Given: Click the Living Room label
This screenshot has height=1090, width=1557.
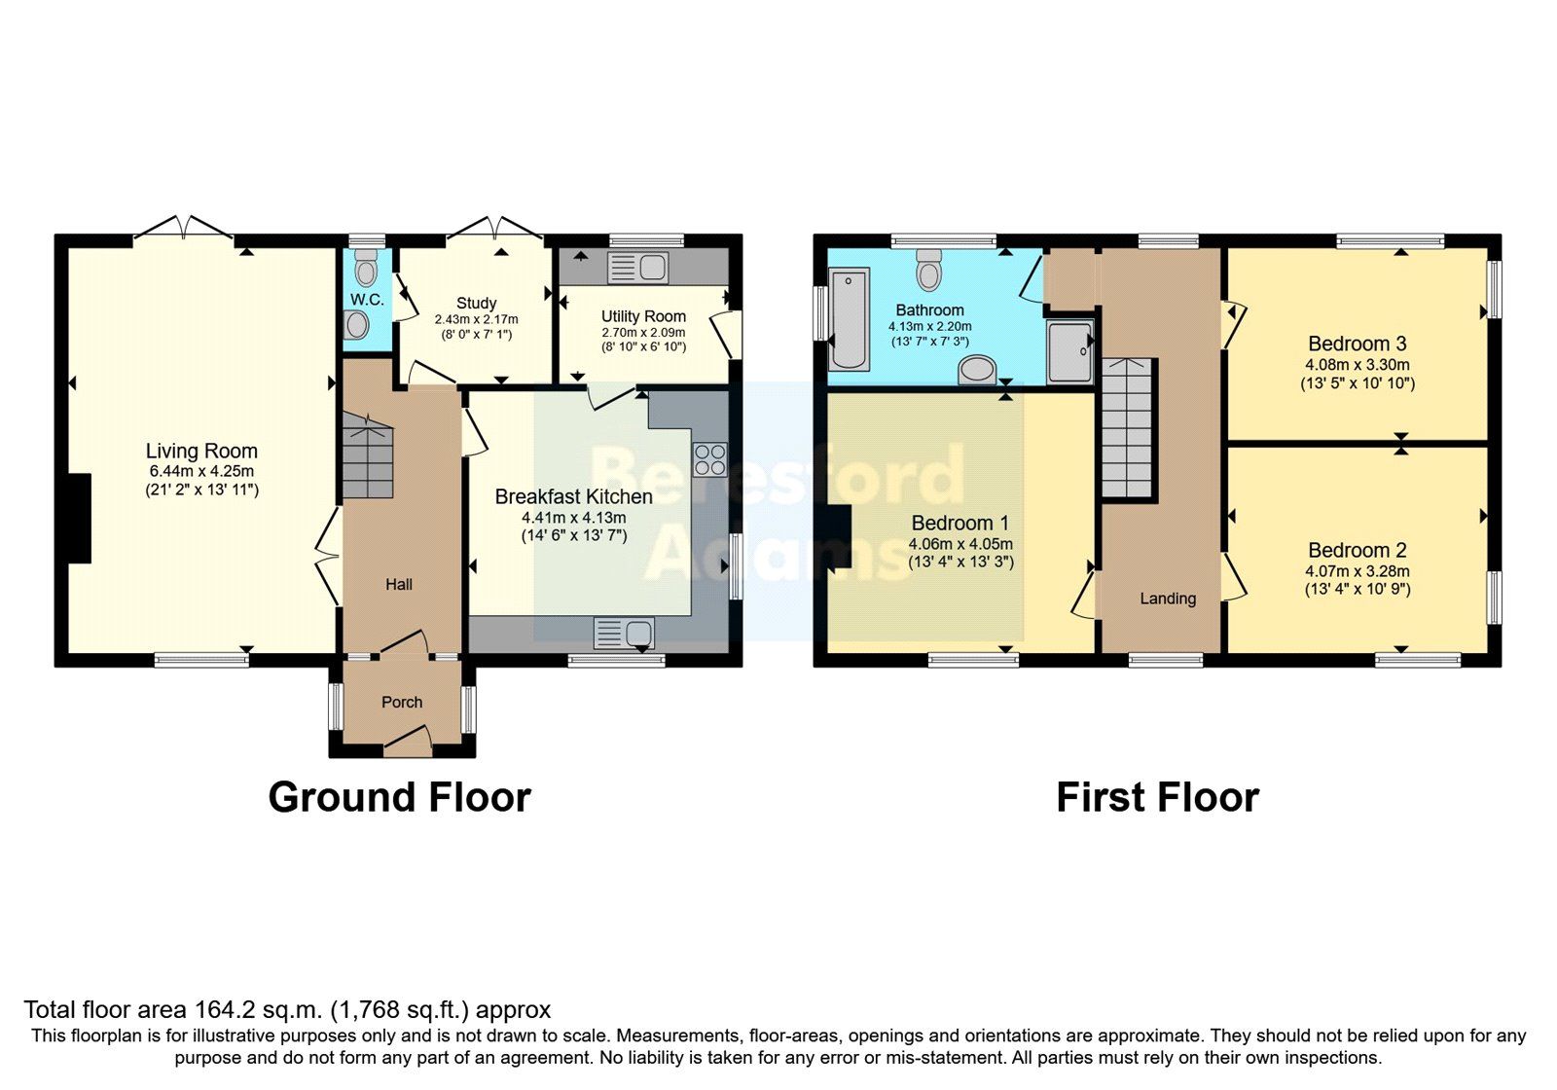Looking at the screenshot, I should pyautogui.click(x=201, y=451).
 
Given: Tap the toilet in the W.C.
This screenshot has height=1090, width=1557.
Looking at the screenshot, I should pyautogui.click(x=366, y=267).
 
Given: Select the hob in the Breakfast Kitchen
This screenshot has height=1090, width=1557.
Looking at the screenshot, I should pyautogui.click(x=709, y=459).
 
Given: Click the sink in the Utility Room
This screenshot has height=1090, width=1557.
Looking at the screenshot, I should pyautogui.click(x=636, y=267).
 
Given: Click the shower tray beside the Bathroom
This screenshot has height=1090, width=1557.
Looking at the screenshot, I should pyautogui.click(x=1070, y=350).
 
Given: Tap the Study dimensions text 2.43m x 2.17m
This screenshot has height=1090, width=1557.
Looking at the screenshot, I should pyautogui.click(x=476, y=319).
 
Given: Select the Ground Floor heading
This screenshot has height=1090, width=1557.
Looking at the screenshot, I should pyautogui.click(x=399, y=797).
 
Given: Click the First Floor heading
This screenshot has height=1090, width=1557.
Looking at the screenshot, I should pyautogui.click(x=1157, y=797).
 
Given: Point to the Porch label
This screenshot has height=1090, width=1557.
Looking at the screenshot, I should pyautogui.click(x=402, y=702).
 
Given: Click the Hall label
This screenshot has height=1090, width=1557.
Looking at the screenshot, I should pyautogui.click(x=399, y=584).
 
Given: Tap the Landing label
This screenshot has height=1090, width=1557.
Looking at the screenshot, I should pyautogui.click(x=1168, y=599).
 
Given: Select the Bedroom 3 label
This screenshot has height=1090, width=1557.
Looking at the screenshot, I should pyautogui.click(x=1357, y=344).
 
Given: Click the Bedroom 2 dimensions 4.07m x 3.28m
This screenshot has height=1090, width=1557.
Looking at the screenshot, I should pyautogui.click(x=1357, y=571).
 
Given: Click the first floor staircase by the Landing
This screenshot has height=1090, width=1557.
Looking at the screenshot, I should pyautogui.click(x=1130, y=429).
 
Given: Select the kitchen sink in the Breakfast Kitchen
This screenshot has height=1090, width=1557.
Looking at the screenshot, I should pyautogui.click(x=624, y=634).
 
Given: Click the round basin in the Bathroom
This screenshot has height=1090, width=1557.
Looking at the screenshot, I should pyautogui.click(x=976, y=371).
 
